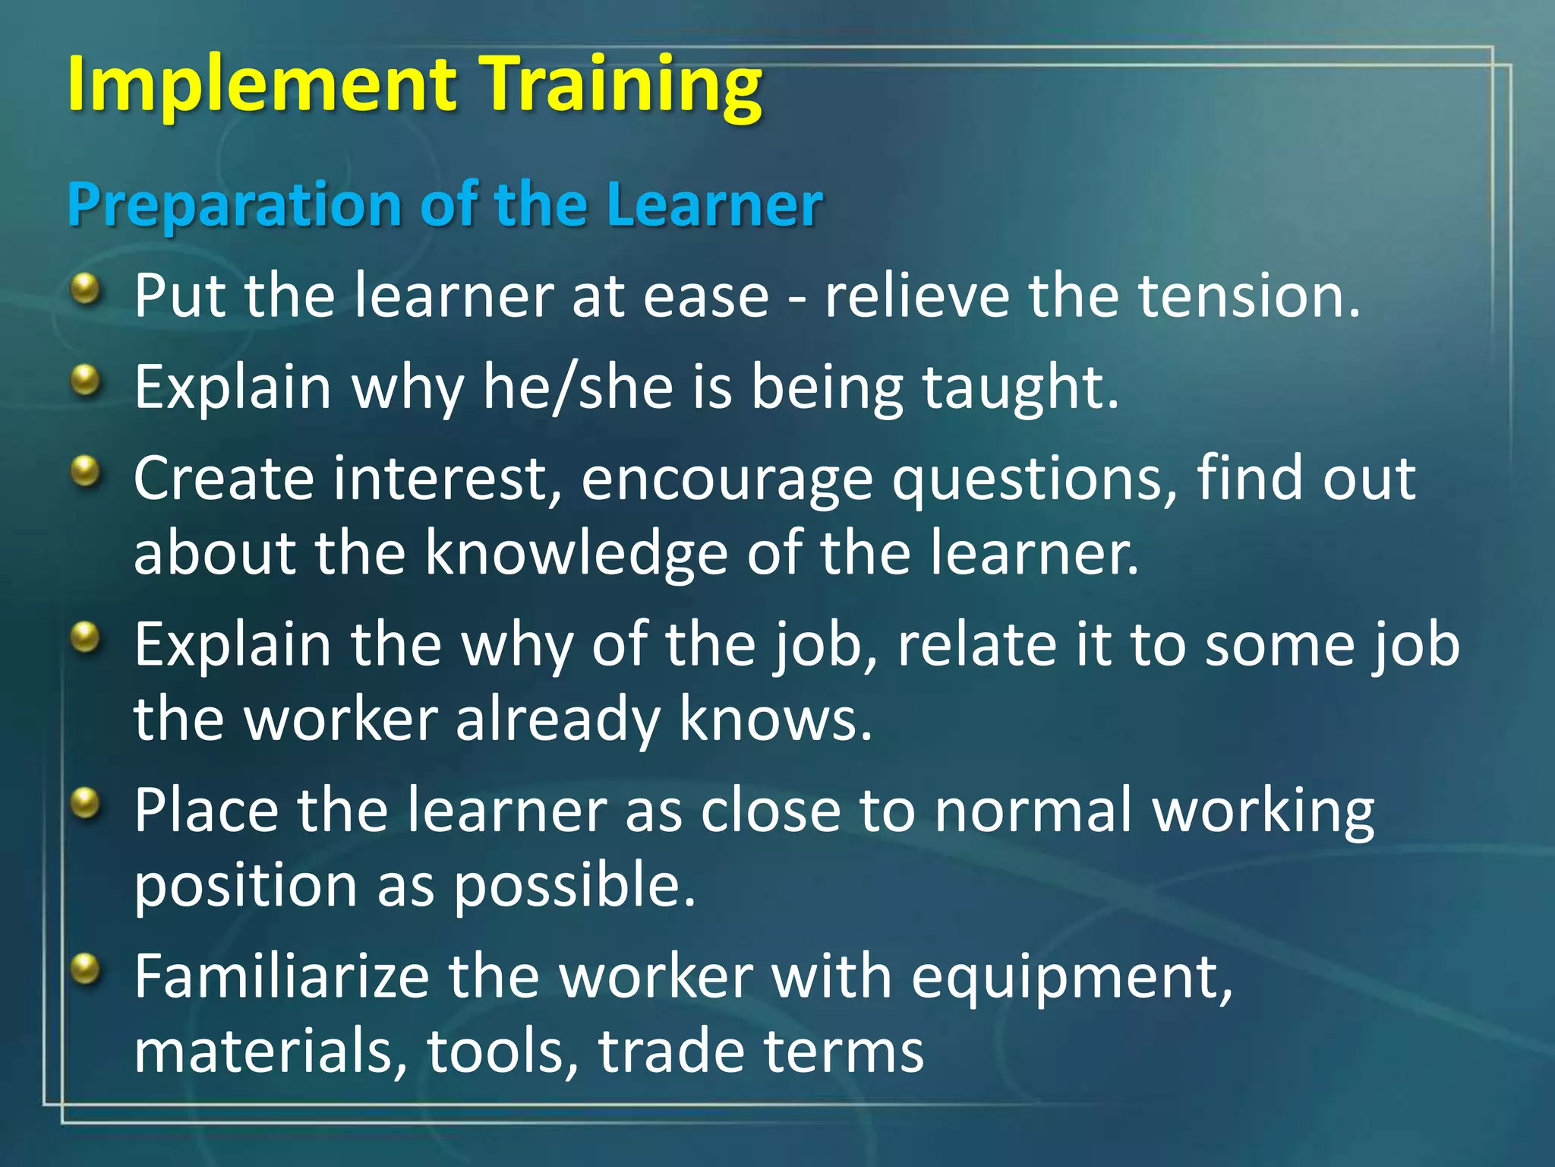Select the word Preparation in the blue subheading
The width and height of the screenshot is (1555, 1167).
click(235, 205)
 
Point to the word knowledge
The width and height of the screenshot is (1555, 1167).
click(576, 553)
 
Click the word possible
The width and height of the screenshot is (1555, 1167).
click(575, 886)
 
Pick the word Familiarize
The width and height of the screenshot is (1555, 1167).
click(282, 976)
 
